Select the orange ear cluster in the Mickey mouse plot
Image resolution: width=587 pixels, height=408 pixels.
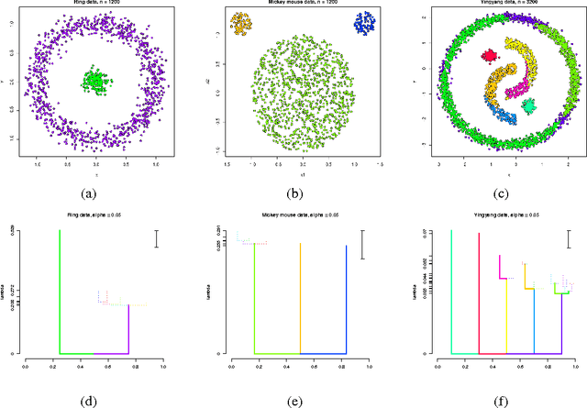click(x=241, y=24)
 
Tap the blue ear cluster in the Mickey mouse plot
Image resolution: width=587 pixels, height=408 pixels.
click(x=367, y=24)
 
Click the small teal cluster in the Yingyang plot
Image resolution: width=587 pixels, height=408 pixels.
click(x=528, y=106)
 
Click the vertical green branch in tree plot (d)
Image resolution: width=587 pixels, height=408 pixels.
click(x=60, y=293)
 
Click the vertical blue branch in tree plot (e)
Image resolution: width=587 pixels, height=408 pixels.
click(x=346, y=298)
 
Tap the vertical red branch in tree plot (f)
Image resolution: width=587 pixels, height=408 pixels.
click(x=479, y=293)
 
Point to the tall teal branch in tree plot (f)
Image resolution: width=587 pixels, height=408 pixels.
click(x=451, y=293)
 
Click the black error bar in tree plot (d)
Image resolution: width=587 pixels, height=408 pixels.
click(x=158, y=238)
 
